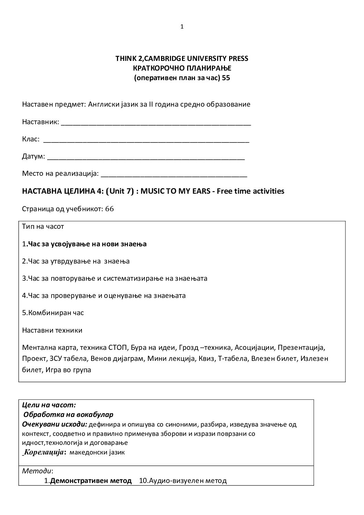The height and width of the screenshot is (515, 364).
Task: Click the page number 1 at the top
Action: (182, 27)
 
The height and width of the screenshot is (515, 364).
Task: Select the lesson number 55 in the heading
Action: (226, 78)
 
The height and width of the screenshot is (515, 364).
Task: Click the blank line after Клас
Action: (146, 141)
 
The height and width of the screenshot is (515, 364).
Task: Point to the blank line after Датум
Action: (146, 158)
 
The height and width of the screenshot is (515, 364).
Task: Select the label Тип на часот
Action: (43, 227)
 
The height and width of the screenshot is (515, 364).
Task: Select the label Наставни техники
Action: (52, 330)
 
